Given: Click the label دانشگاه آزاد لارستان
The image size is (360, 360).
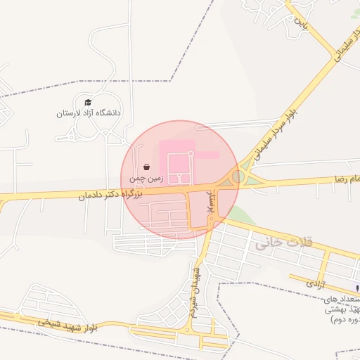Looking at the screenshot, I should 89,112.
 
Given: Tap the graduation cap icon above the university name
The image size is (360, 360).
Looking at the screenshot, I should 88,103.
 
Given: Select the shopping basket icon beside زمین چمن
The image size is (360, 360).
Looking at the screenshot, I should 146,167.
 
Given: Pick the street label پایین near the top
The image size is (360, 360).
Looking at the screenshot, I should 302,22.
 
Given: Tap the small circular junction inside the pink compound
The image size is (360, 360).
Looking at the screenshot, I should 190,153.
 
